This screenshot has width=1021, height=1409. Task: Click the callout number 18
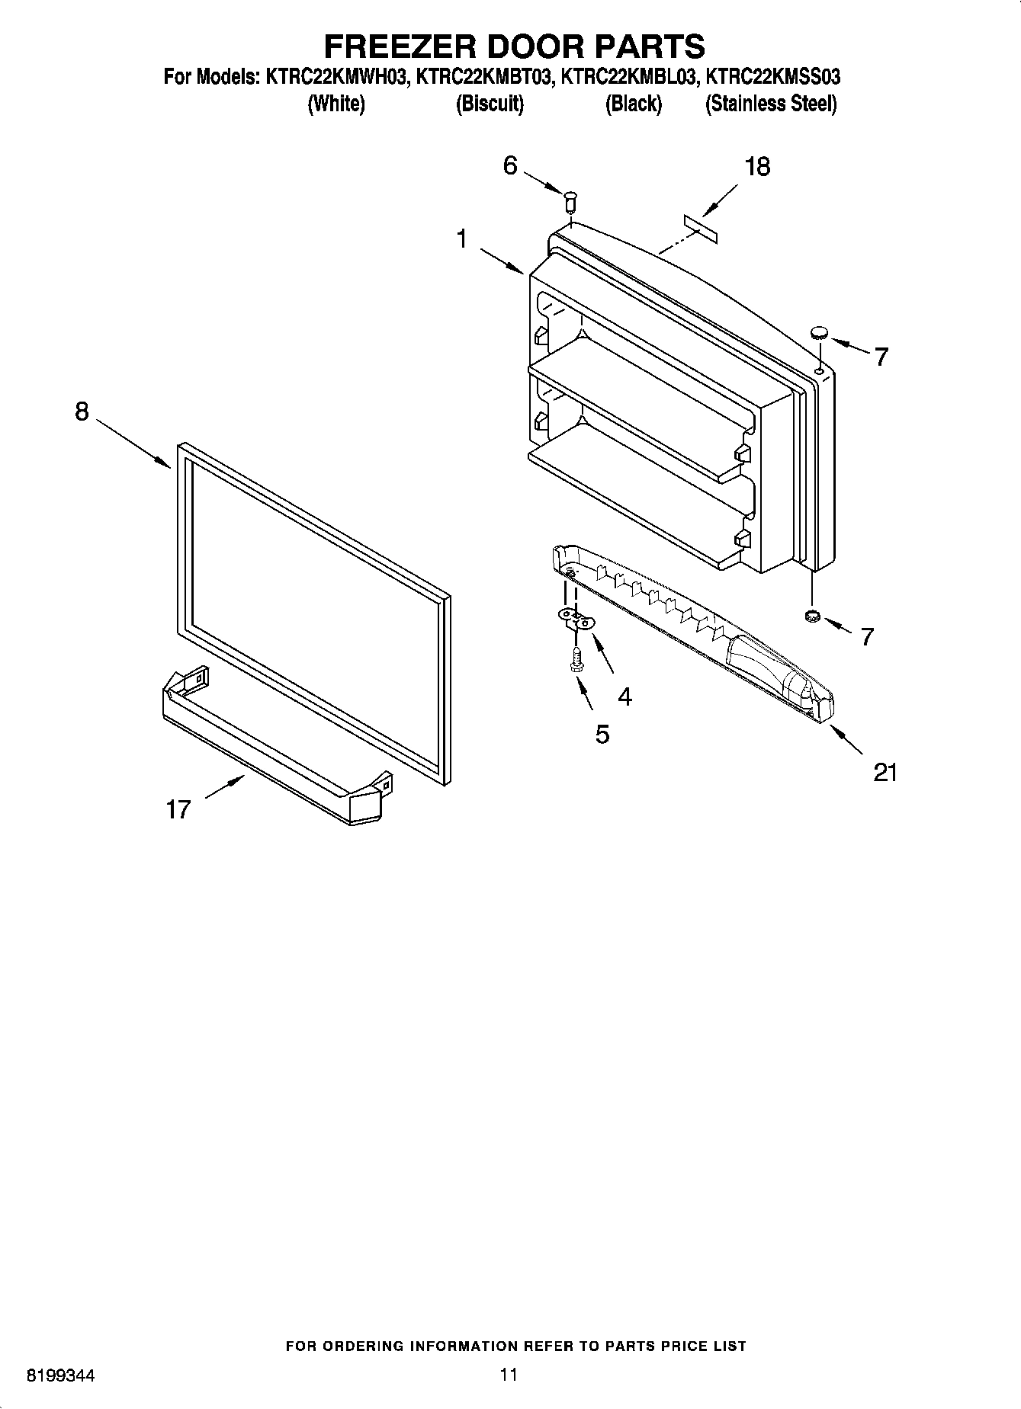(x=756, y=167)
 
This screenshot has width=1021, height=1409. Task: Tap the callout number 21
(x=885, y=773)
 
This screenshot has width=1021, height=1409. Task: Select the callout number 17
(x=178, y=809)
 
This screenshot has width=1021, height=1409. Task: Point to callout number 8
(x=82, y=412)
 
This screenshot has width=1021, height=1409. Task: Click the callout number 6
(x=510, y=165)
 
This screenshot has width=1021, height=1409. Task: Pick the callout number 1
(x=461, y=239)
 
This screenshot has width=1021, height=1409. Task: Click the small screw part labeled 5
(x=577, y=659)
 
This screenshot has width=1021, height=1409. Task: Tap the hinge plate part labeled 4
(x=576, y=618)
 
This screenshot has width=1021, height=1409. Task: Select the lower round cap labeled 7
(x=812, y=616)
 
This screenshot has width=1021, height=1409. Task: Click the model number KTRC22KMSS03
(x=773, y=77)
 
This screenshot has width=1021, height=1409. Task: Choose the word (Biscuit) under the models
(x=490, y=104)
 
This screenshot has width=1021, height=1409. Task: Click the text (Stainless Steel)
(x=771, y=104)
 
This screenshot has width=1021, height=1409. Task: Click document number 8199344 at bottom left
(x=60, y=1376)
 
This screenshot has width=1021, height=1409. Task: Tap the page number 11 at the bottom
(x=509, y=1375)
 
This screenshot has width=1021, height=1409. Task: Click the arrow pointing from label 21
(x=846, y=739)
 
